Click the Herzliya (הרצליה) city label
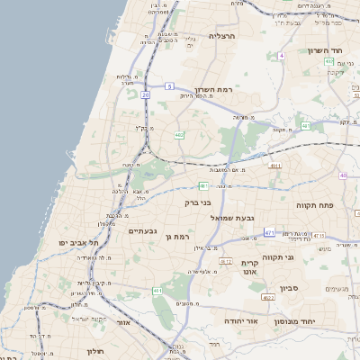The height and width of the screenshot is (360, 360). click(221, 36)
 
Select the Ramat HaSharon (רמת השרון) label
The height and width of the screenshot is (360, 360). click(213, 91)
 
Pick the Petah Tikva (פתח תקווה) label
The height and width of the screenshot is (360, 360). click(314, 205)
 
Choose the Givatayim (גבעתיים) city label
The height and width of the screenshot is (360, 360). click(143, 230)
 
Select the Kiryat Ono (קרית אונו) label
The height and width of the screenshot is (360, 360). click(250, 266)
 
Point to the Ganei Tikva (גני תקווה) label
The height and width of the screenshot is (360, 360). click(304, 257)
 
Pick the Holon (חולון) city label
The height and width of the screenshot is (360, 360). click(96, 351)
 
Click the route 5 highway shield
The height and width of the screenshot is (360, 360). click(168, 86)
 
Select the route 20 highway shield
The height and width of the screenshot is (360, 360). click(145, 93)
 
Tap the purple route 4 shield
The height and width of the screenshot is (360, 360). click(281, 55)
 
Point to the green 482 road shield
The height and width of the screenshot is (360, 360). click(180, 135)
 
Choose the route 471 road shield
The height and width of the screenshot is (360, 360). click(270, 232)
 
